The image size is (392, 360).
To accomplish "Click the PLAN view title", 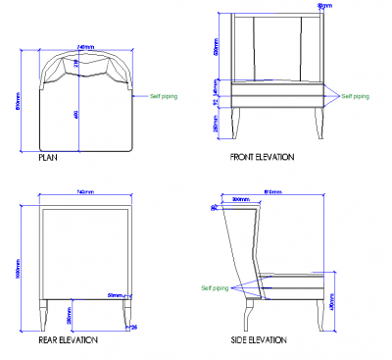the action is click(47, 156).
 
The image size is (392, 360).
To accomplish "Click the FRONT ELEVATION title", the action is click(262, 156).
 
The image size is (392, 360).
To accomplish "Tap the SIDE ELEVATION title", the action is click(259, 339).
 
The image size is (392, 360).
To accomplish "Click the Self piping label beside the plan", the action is click(166, 97).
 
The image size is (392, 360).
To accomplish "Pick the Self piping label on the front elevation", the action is click(354, 96).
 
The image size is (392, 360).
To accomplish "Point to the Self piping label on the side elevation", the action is click(215, 287).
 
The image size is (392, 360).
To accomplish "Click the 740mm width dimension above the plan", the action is click(86, 45).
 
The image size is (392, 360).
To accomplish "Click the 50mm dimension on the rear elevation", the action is click(117, 294).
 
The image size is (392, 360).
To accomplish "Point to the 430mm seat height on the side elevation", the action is click(332, 304).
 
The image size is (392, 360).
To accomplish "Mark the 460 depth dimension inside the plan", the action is click(77, 115).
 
